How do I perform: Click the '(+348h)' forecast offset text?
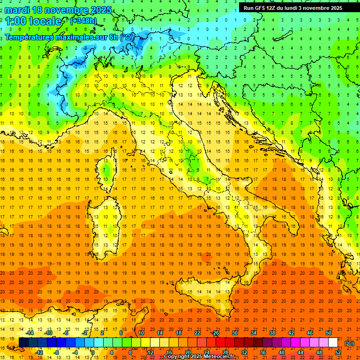[84, 21]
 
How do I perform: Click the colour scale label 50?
[328, 333]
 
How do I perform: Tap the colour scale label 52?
[337, 352]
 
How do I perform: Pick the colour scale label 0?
[93, 352]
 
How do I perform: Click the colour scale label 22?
[197, 333]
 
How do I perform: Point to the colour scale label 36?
[263, 352]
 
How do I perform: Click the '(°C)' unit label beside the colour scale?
[349, 343]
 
